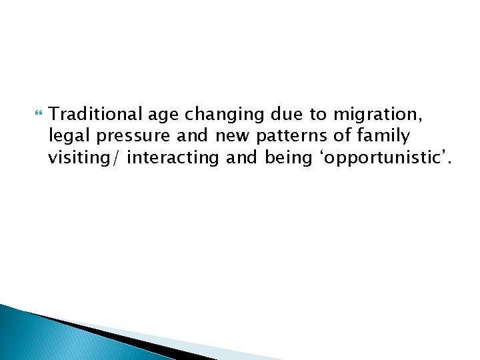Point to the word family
point(385,137)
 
